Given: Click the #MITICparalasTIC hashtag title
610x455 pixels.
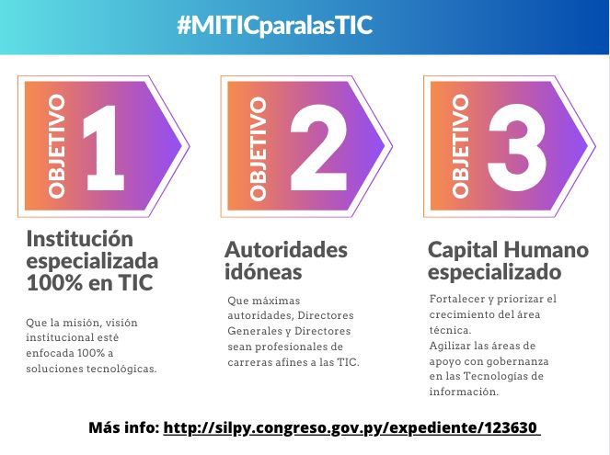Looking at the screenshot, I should (x=274, y=25).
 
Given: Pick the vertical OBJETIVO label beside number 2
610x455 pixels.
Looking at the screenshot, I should (x=259, y=148).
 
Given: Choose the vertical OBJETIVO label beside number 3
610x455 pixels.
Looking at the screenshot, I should (x=461, y=145).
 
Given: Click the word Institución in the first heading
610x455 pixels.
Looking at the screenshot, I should (x=74, y=239).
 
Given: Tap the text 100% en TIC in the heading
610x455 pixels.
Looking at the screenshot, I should (x=90, y=283).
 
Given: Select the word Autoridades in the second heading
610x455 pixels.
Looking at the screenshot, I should (x=286, y=250).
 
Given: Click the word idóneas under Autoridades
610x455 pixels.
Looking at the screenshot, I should (x=262, y=271).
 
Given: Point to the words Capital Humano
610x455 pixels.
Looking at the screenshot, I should (x=508, y=250).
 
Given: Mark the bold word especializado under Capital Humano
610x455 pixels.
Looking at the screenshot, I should (x=494, y=272).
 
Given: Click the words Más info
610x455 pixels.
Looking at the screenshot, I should (x=124, y=428).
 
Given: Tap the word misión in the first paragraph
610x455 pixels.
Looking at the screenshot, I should (x=87, y=322).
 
